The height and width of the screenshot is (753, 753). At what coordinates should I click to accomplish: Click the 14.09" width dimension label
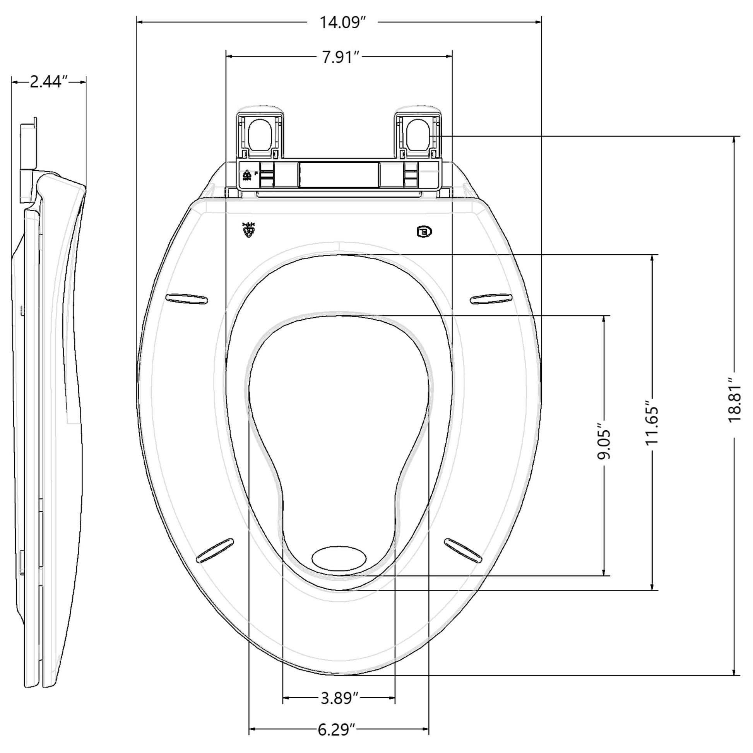[342, 22]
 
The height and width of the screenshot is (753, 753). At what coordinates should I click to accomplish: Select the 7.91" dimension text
[340, 57]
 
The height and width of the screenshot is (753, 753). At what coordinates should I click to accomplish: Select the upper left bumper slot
[187, 299]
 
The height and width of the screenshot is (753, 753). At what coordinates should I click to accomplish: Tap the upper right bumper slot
[491, 299]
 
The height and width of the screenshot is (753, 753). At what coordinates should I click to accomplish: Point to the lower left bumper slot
[215, 551]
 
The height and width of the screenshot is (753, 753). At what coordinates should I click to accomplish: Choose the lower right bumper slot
[463, 550]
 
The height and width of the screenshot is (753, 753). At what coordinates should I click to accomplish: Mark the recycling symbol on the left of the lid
[248, 230]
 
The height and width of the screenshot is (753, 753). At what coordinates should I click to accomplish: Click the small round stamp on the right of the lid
[424, 231]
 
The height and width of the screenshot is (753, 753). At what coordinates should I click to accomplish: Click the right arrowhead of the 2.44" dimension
[83, 82]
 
